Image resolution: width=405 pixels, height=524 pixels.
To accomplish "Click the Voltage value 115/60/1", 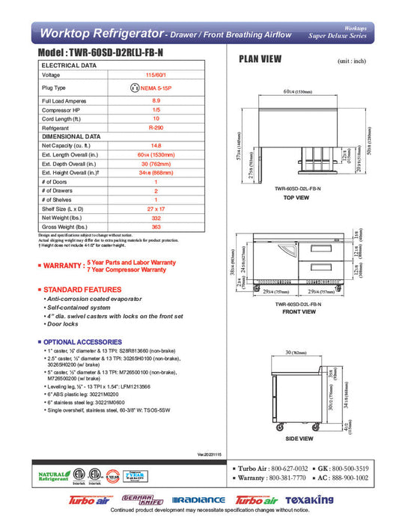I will (x=156, y=76).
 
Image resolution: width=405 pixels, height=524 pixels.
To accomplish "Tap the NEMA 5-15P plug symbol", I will (x=135, y=88).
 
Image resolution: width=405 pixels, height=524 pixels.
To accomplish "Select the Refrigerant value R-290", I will (x=156, y=128).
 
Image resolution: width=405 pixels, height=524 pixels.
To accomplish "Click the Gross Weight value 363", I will (x=156, y=226).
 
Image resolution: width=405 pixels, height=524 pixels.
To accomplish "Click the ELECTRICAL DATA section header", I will (x=69, y=65).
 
